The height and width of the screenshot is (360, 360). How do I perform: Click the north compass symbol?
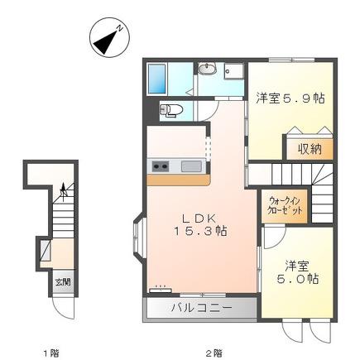point(109,37)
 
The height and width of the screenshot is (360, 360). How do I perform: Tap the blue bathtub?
point(157,79)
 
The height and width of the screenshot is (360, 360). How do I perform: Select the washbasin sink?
point(207,69)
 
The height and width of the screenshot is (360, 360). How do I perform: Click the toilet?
point(171,111)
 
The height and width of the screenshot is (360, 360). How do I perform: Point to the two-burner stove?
point(161,166)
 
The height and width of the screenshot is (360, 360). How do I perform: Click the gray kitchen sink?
point(191,166)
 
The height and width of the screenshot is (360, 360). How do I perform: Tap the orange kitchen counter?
point(179,180)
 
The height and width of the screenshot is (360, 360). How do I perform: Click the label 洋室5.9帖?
point(290,98)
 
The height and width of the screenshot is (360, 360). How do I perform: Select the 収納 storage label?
point(310,149)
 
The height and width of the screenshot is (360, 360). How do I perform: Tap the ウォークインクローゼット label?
point(285,206)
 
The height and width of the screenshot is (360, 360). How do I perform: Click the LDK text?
point(199,218)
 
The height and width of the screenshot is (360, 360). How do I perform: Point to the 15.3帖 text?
point(200,231)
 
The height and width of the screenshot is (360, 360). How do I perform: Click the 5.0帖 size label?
point(298,279)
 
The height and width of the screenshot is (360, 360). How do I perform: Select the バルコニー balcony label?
point(201,307)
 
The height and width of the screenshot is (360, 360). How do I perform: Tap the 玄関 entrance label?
point(63,282)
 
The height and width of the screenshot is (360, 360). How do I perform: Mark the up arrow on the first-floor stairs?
point(64,191)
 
